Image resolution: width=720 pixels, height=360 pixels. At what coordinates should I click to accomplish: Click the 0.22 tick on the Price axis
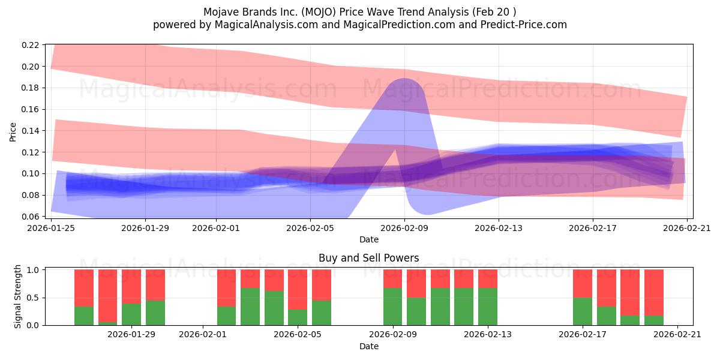pyautogui.click(x=32, y=45)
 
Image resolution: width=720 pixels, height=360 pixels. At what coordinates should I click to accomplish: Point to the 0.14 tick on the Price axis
pyautogui.click(x=32, y=131)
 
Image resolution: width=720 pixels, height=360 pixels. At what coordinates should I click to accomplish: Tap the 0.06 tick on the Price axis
pyautogui.click(x=32, y=217)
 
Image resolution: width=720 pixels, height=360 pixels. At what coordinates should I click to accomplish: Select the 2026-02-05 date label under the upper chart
pyautogui.click(x=310, y=228)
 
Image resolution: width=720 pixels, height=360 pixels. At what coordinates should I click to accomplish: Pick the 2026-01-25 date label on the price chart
pyautogui.click(x=51, y=228)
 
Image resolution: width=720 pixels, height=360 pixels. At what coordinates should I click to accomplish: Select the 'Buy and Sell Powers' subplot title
pyautogui.click(x=368, y=259)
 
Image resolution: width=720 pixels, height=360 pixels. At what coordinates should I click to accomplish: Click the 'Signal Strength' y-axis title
pyautogui.click(x=17, y=297)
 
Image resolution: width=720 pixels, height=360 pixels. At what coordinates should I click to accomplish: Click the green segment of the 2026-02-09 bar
pyautogui.click(x=393, y=307)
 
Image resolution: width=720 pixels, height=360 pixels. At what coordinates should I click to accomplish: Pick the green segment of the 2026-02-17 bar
pyautogui.click(x=583, y=311)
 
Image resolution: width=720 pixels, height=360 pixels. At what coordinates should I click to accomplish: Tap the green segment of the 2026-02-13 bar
pyautogui.click(x=488, y=307)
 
